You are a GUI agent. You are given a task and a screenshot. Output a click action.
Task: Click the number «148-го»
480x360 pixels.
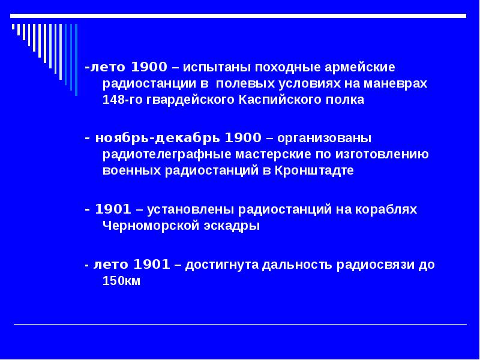(x=122, y=100)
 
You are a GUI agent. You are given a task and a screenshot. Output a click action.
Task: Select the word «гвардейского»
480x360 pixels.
(x=190, y=100)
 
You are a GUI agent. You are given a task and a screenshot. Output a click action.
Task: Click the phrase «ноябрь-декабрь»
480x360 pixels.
(x=157, y=139)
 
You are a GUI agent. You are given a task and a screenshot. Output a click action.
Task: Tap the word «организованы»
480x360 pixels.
(x=324, y=139)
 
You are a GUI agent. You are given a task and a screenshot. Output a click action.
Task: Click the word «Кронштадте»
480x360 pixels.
(x=314, y=170)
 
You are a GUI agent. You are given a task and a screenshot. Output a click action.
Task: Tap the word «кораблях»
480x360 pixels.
(x=386, y=209)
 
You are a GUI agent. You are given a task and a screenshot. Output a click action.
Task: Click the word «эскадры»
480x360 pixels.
(x=232, y=226)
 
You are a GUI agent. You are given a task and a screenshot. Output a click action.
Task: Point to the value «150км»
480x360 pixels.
(x=122, y=281)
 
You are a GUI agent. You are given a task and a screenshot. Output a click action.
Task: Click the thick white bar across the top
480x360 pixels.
(x=238, y=16)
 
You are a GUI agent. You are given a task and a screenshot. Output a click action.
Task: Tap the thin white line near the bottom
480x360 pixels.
(x=241, y=324)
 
